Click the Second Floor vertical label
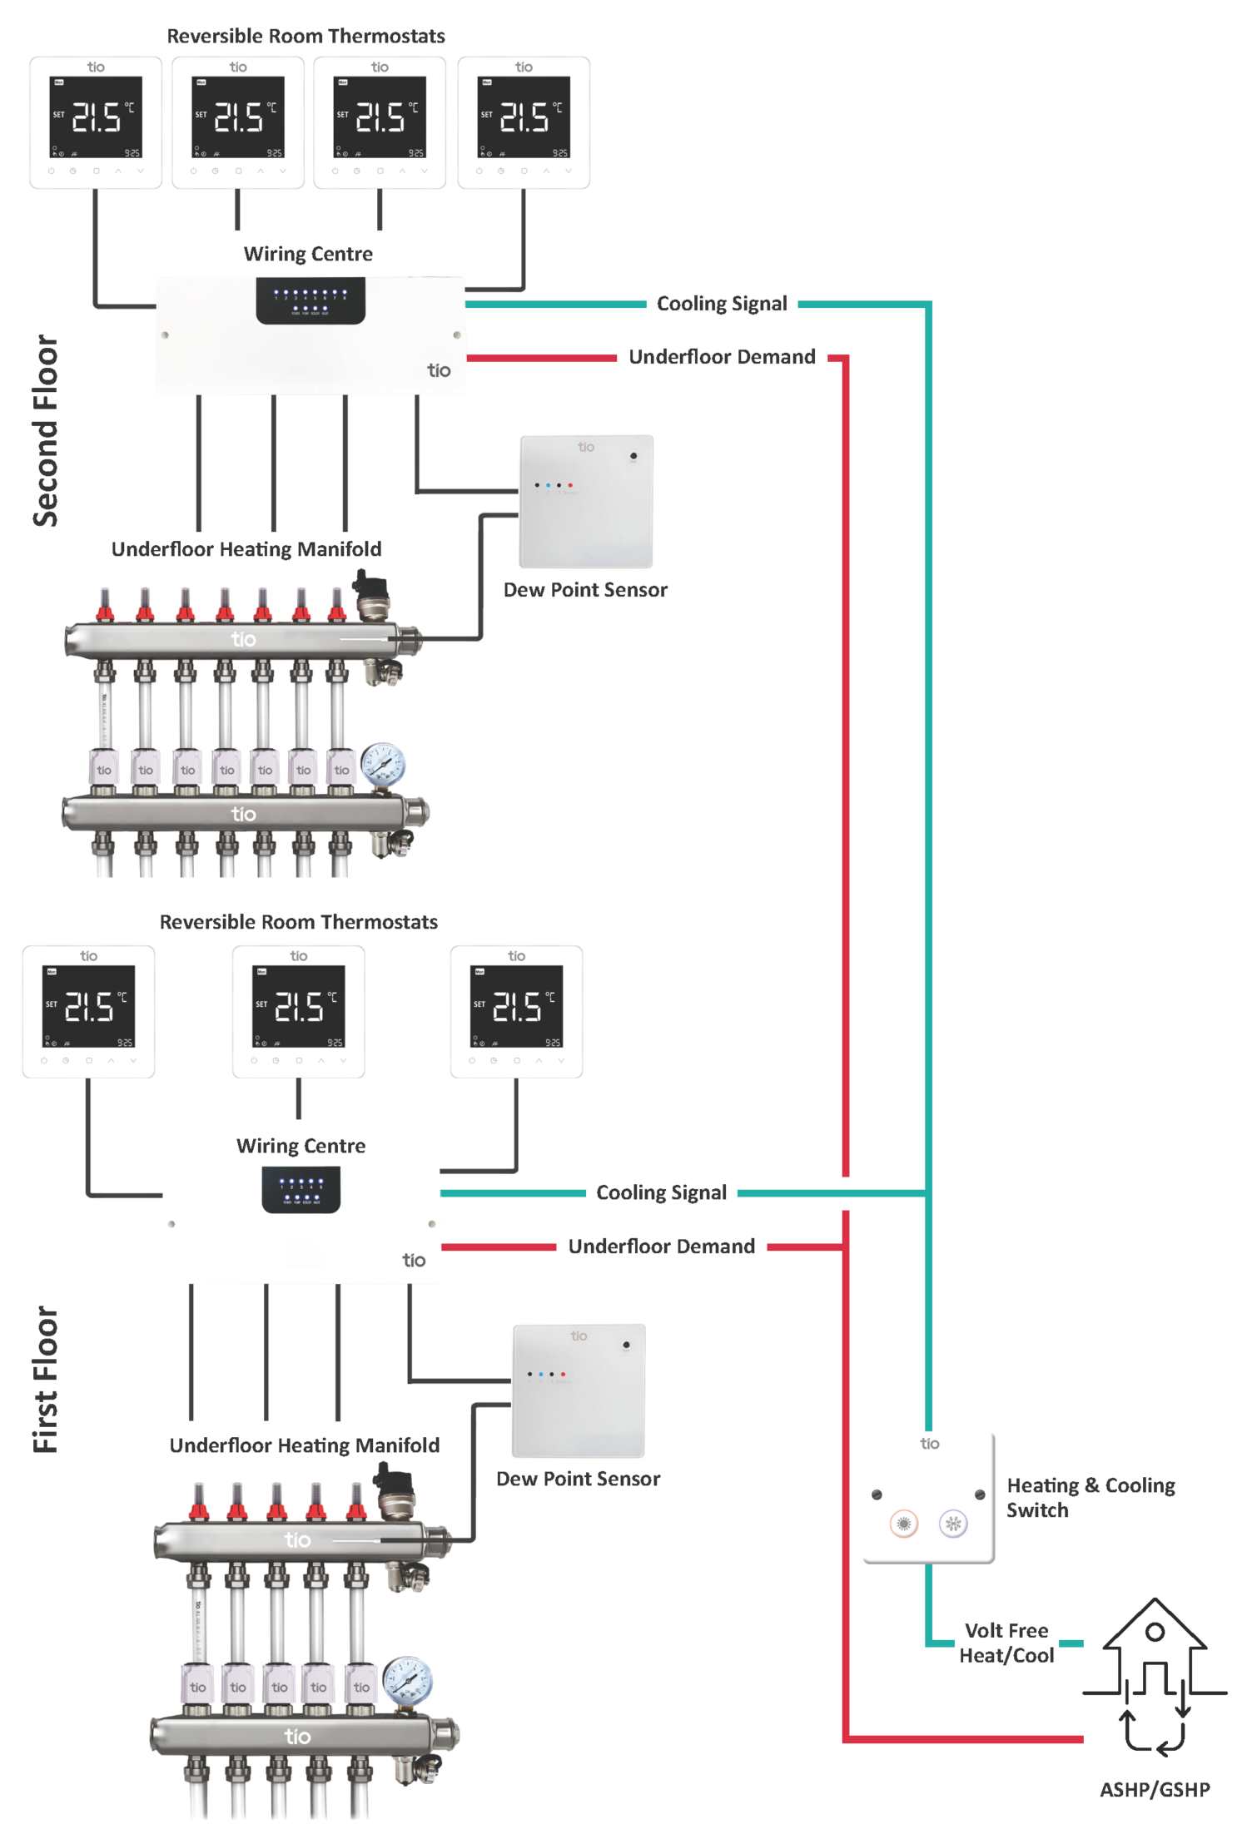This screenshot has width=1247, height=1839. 46,430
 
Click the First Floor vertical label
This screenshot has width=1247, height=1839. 46,1379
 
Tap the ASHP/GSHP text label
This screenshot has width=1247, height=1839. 1154,1789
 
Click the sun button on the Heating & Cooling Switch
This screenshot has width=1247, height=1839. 903,1524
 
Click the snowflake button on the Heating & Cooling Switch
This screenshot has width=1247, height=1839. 952,1524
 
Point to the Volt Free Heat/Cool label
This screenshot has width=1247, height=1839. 1006,1643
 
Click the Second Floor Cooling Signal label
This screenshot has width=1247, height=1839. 721,304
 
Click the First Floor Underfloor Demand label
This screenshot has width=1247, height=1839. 661,1247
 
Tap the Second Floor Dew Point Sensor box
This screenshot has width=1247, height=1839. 586,502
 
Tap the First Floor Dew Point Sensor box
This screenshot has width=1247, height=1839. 579,1390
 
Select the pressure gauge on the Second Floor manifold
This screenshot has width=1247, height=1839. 383,764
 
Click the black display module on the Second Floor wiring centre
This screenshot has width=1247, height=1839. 311,300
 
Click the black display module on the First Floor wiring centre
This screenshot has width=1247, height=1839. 301,1189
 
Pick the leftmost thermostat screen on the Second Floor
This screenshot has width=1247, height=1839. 96,117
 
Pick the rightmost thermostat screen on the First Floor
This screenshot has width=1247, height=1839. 516,1006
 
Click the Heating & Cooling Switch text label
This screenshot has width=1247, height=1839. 1090,1497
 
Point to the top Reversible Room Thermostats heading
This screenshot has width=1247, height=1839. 306,36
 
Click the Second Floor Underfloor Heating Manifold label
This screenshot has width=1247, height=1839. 246,549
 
